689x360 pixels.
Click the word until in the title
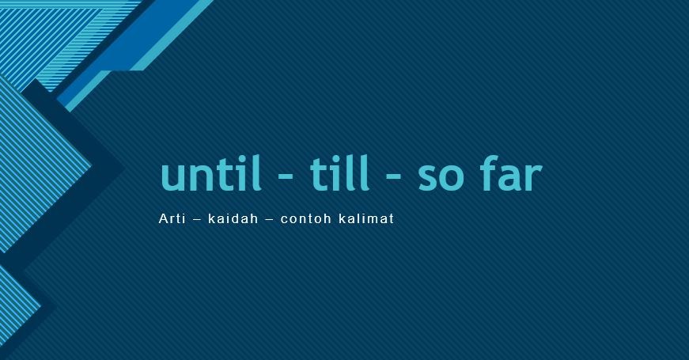point(210,175)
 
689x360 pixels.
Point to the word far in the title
point(511,175)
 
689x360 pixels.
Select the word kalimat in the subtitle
point(366,218)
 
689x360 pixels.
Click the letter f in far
point(490,174)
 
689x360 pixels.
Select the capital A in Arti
point(163,218)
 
